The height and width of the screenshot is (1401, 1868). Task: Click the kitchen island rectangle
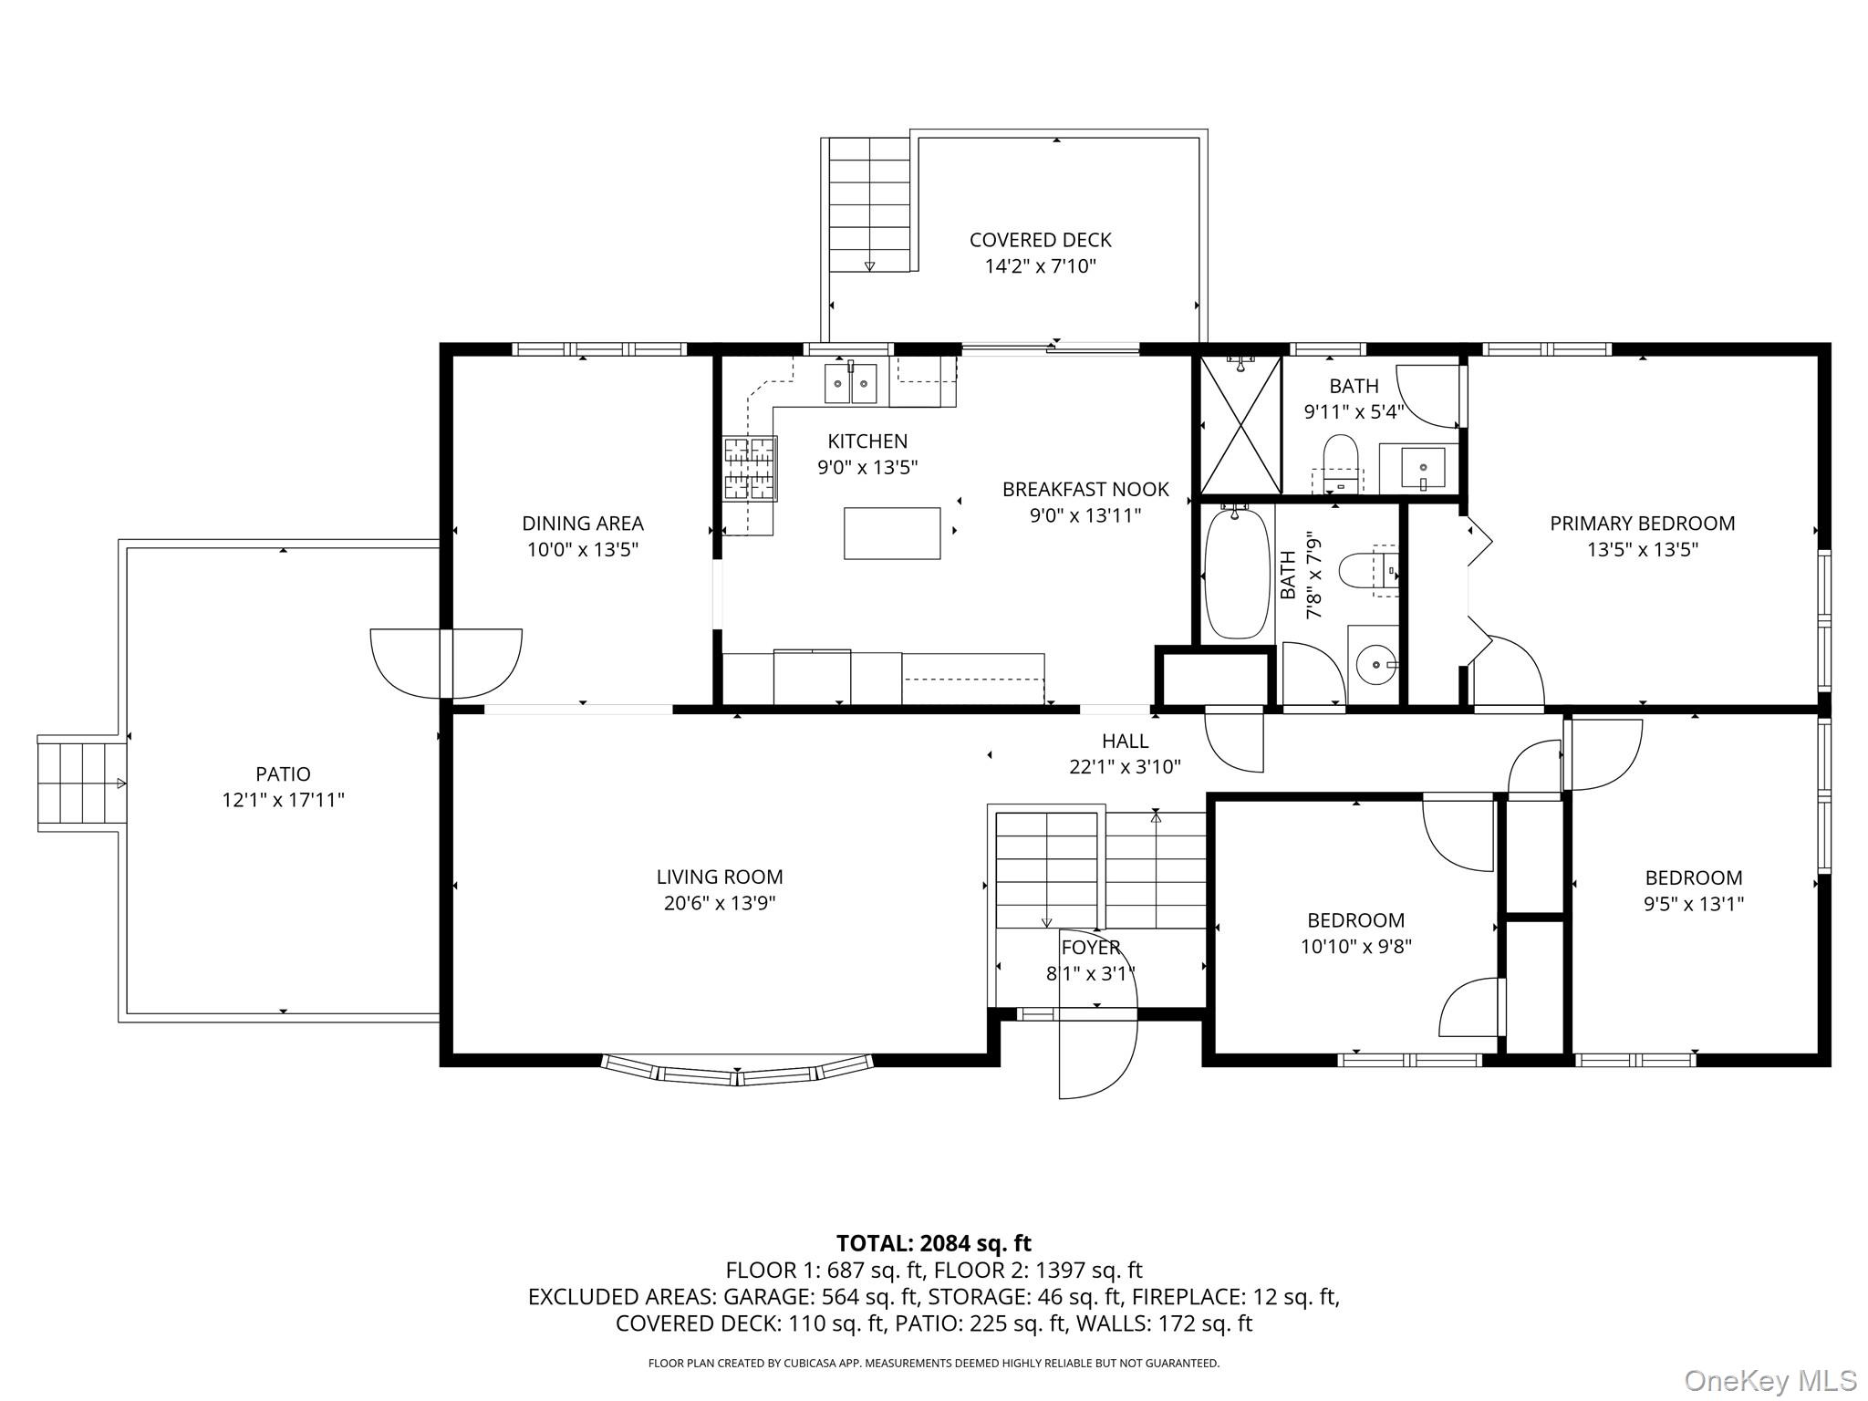pos(892,534)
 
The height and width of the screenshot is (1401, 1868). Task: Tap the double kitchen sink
pos(850,383)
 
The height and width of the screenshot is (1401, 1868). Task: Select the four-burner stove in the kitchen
pos(750,469)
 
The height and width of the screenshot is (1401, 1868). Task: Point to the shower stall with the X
pos(1240,424)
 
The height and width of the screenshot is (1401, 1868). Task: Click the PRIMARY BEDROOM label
pos(1642,524)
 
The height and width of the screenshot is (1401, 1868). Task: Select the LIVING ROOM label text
pos(720,877)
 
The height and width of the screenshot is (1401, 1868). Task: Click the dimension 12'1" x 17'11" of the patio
pos(283,800)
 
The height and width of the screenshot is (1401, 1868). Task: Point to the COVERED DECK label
pos(1040,240)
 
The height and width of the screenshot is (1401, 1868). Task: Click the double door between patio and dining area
pos(446,663)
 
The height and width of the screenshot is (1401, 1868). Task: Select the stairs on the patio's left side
pos(81,784)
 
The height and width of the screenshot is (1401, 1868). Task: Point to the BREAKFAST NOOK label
pos(1085,490)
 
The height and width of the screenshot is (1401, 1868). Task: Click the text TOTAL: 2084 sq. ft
pos(934,1243)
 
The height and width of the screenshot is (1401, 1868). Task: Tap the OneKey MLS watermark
pos(1769,1380)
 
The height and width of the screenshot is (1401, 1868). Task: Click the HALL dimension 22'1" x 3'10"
pos(1125,767)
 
